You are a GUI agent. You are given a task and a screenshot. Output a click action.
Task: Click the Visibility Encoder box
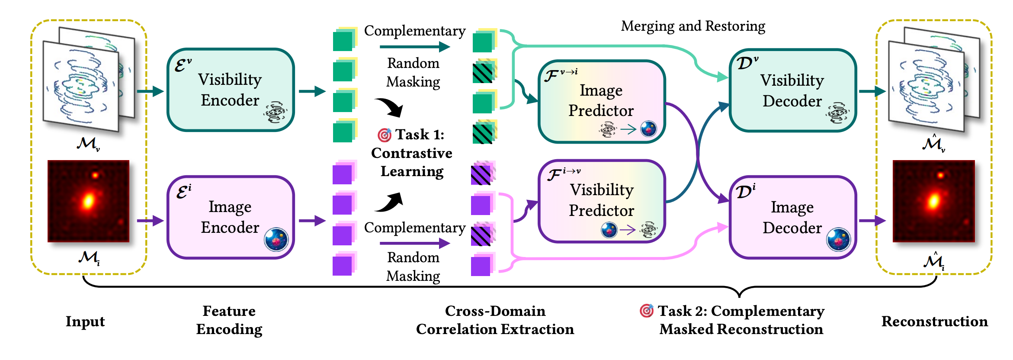coord(231,90)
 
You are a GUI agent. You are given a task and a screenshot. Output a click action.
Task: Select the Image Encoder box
coord(231,217)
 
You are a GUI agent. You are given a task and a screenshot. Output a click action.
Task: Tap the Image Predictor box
coord(602,101)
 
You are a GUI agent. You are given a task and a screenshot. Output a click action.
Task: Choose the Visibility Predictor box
coord(602,201)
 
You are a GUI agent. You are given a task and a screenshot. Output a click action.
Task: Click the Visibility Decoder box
coord(792,90)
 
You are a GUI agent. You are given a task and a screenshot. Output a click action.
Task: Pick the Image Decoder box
coord(792,217)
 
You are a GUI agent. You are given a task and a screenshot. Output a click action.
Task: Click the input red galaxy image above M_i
coord(88,201)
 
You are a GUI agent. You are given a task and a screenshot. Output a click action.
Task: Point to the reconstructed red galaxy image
coord(933,201)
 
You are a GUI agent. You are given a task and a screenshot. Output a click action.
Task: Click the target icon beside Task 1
coord(384,135)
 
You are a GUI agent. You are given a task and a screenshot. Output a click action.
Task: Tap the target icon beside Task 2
coord(647,310)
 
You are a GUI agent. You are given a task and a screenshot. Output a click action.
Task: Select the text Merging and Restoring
coord(693,26)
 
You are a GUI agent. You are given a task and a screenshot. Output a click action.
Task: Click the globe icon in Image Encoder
coord(276,239)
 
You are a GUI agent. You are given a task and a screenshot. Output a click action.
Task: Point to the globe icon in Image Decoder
coord(838,239)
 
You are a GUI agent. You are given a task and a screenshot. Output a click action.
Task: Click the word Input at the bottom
coord(85,321)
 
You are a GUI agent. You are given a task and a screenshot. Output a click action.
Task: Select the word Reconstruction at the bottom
coord(935,321)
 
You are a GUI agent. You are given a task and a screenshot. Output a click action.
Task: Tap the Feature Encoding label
coord(229,320)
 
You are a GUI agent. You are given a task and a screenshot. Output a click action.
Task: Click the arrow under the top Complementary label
coord(415,47)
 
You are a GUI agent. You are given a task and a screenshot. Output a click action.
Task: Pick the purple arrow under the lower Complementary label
coord(415,244)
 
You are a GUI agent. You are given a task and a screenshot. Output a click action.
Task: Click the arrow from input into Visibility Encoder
coord(151,91)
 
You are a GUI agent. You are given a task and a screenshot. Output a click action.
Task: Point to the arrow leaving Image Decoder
coord(872,221)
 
